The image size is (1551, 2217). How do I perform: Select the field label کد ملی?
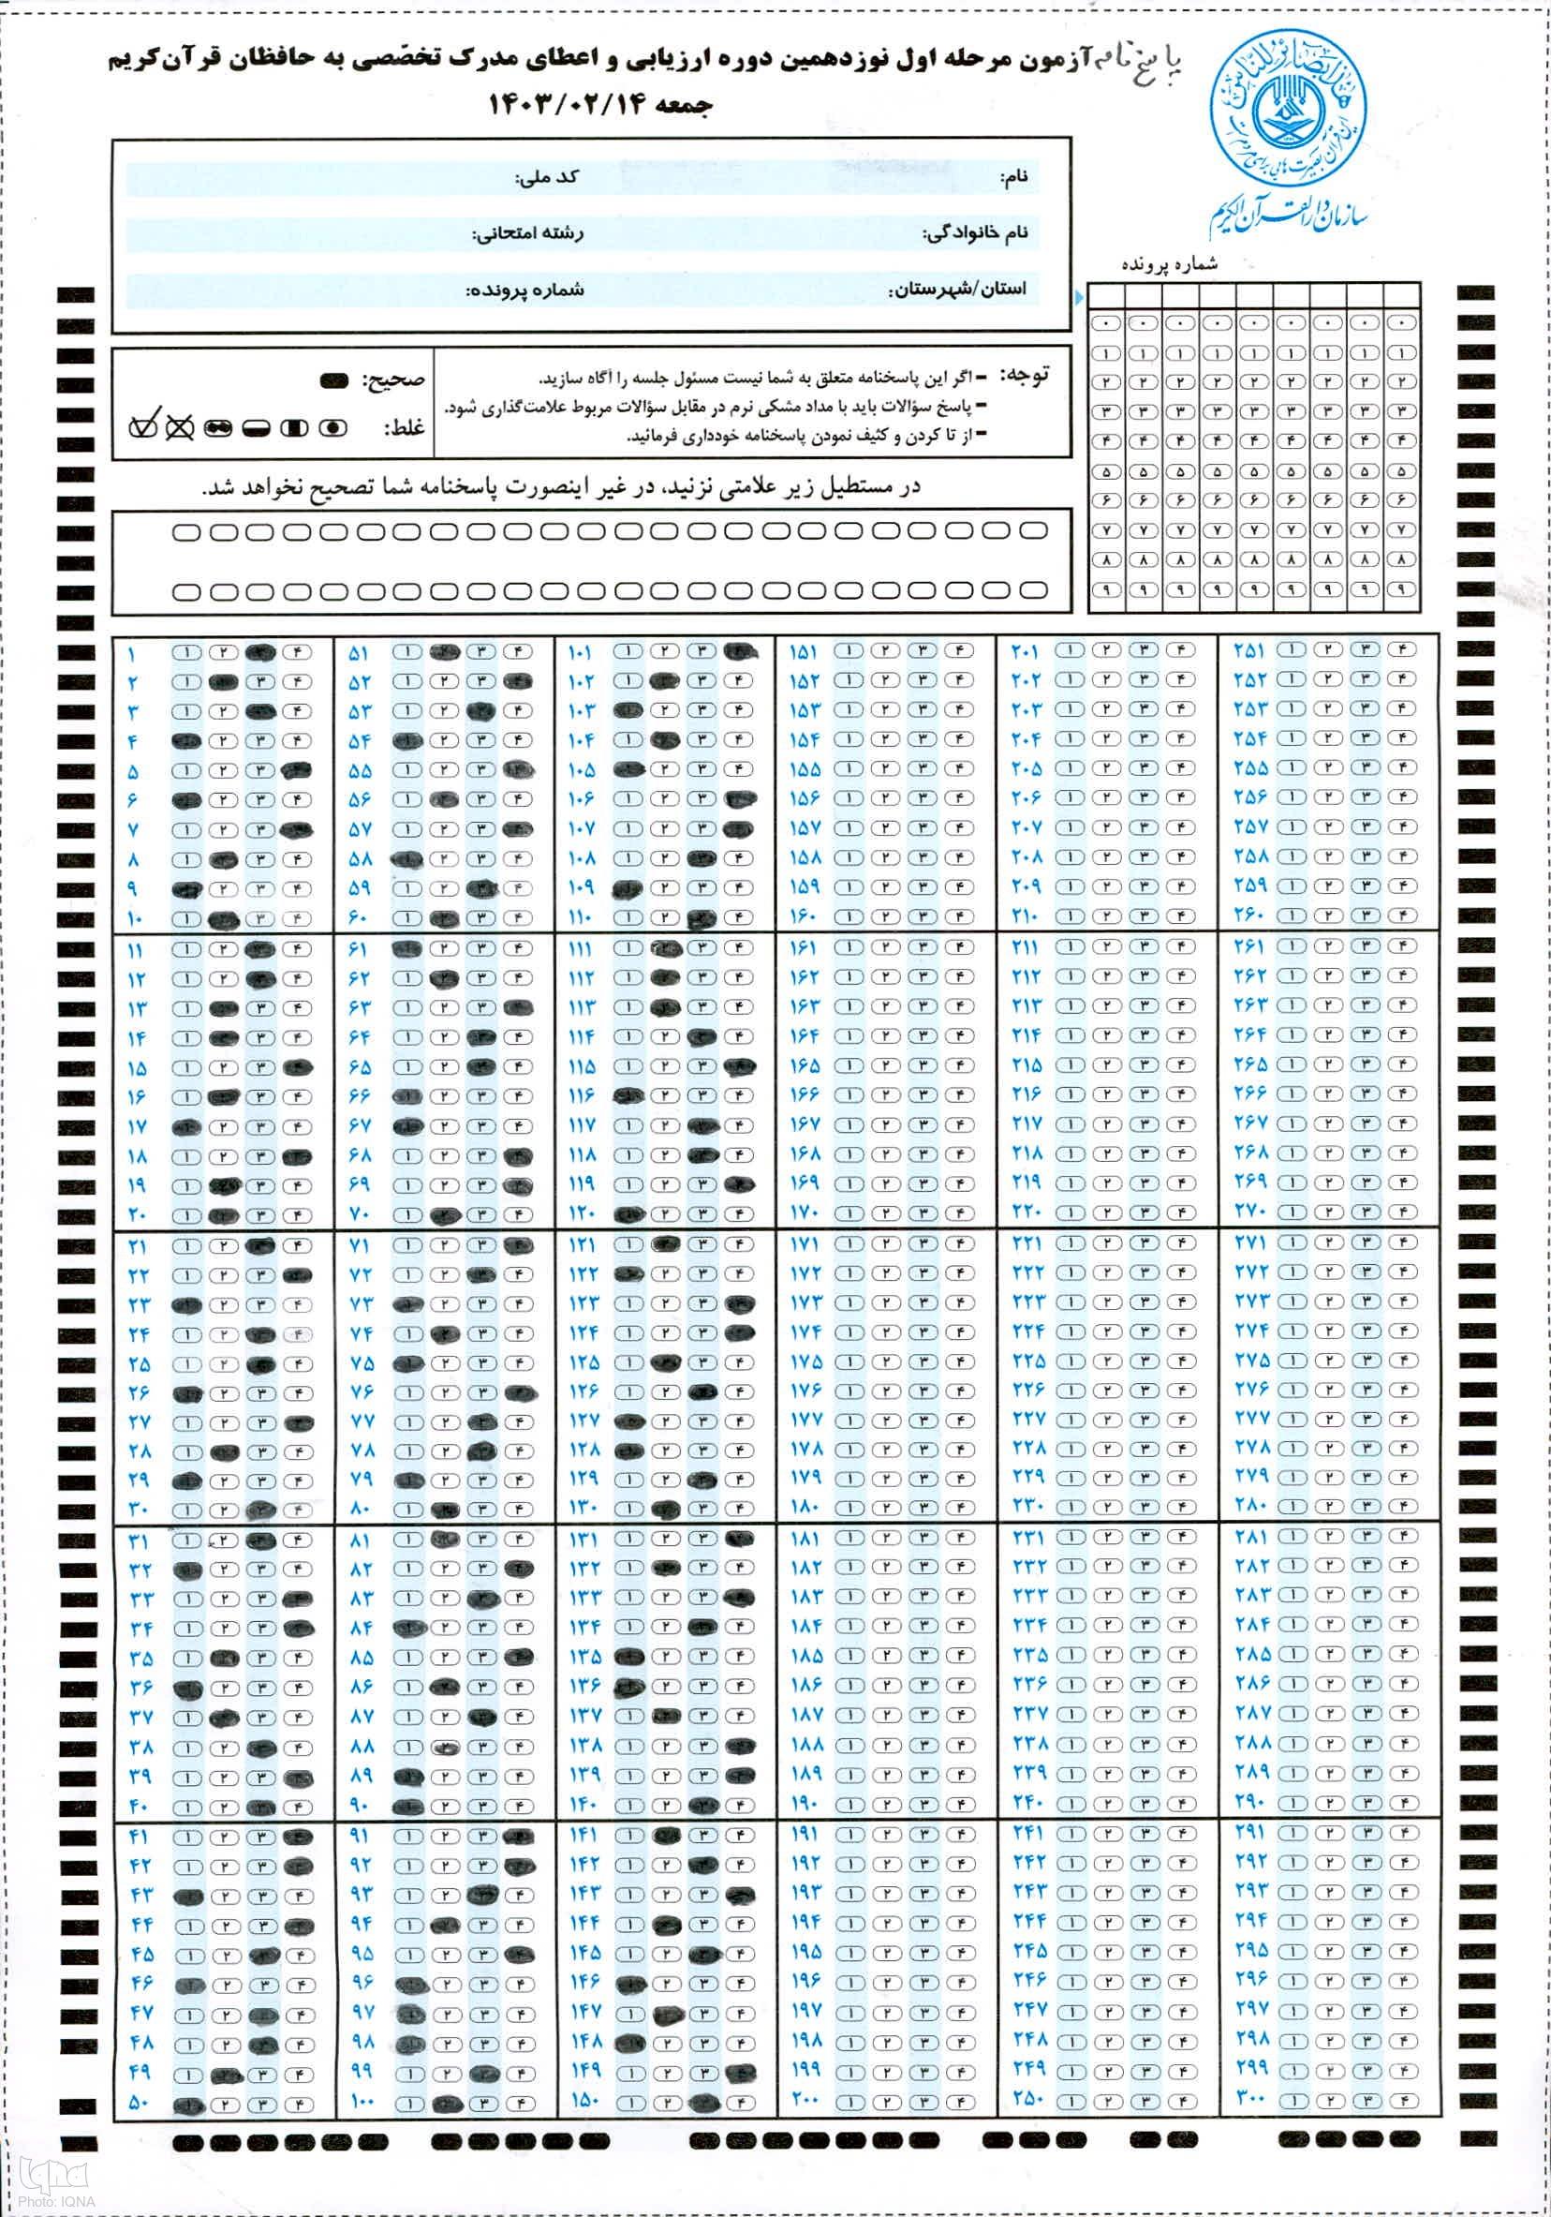(547, 177)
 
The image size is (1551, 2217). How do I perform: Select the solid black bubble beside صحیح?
(335, 379)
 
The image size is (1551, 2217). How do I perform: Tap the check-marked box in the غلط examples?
(146, 424)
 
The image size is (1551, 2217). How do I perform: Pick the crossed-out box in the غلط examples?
(181, 425)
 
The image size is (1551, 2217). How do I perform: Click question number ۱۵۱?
(805, 654)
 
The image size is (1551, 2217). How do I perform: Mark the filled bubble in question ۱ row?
(259, 652)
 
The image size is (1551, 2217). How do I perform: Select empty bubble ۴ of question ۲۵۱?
(1401, 650)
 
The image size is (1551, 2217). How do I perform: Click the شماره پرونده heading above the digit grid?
(1170, 263)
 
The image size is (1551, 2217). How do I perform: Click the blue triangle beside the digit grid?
(1079, 296)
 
